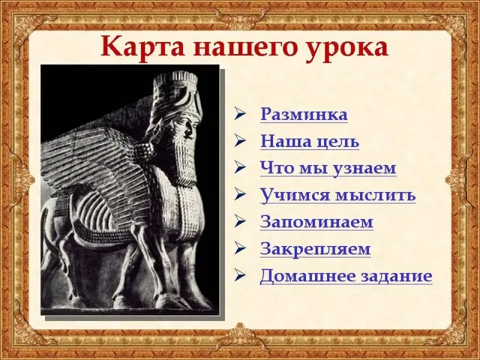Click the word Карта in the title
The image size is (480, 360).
click(143, 47)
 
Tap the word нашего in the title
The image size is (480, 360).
click(242, 49)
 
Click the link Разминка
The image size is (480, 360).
click(304, 115)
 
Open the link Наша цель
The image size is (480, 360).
click(310, 142)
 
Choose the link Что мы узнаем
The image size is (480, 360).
click(328, 169)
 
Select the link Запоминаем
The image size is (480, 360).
click(317, 222)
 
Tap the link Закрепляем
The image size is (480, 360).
click(316, 249)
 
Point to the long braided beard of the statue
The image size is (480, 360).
click(185, 156)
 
